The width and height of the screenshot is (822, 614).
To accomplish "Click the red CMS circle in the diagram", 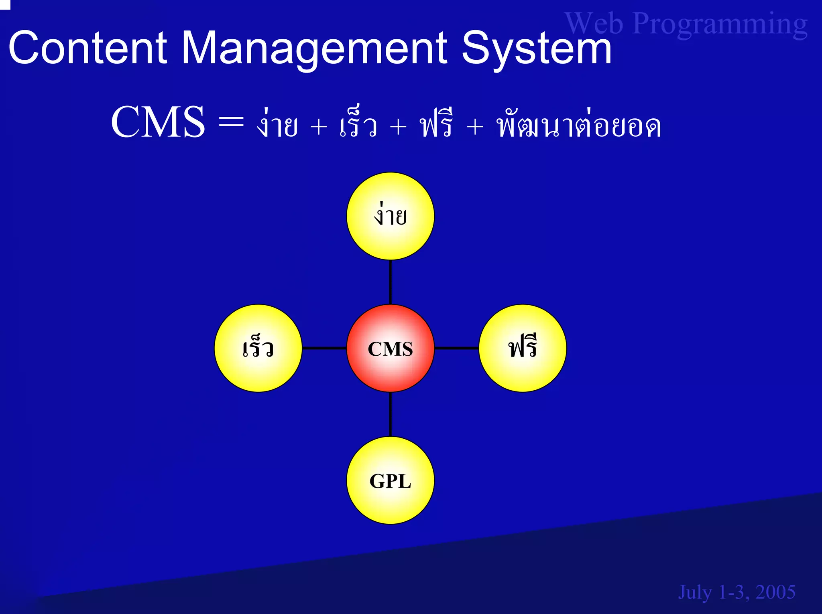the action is click(390, 348).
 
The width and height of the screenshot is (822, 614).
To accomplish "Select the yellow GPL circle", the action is click(390, 480).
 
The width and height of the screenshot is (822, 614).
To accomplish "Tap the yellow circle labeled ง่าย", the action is click(390, 216).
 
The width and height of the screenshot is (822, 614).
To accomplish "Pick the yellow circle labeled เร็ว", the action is click(258, 348).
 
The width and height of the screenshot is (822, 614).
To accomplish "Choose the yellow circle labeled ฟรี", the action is click(523, 348).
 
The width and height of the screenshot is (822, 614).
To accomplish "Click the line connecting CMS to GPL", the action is click(390, 414).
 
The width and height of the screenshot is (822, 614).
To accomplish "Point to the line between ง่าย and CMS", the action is click(390, 282).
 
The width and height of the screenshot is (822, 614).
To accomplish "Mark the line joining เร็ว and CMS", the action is click(324, 348).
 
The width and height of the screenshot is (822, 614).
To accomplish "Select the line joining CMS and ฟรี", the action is click(456, 348).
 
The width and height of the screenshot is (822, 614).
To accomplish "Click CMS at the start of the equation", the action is click(158, 122).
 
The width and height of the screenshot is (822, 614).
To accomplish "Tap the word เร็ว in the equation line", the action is click(358, 124).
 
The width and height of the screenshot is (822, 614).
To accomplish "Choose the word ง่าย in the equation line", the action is click(277, 124).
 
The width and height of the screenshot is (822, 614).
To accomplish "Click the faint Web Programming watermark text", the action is click(686, 24).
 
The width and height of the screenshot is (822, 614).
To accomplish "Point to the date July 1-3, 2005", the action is click(737, 592).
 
